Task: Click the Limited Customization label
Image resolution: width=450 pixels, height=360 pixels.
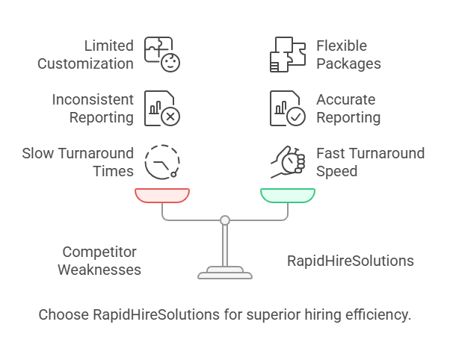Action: coord(87,55)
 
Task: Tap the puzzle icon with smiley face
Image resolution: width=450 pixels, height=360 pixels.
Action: coord(162,54)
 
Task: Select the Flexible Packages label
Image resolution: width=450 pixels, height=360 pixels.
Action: coord(348,55)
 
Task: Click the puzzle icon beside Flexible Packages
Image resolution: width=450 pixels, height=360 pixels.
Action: coord(288,54)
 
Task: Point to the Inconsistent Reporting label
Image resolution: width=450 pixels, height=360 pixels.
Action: coord(93,108)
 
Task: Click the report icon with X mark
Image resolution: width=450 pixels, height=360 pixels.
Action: coord(162,108)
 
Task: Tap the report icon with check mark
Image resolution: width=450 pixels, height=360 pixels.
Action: coord(288,108)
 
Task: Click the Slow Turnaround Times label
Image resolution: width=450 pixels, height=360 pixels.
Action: coord(78,162)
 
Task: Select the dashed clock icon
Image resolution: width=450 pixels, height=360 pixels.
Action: coord(162,161)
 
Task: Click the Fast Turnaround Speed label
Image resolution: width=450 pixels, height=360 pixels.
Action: coord(370,162)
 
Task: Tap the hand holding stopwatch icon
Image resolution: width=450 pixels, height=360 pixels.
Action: coord(288,161)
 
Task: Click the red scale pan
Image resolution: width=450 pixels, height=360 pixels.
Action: coord(162,196)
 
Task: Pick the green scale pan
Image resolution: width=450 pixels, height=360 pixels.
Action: coord(288,196)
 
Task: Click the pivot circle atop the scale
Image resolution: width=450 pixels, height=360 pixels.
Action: coord(225,220)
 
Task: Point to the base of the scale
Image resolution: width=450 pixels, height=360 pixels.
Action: coord(225,273)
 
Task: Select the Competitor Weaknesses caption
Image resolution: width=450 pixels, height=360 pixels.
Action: coord(99,261)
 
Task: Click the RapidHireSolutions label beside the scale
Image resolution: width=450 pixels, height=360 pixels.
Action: coord(351,261)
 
